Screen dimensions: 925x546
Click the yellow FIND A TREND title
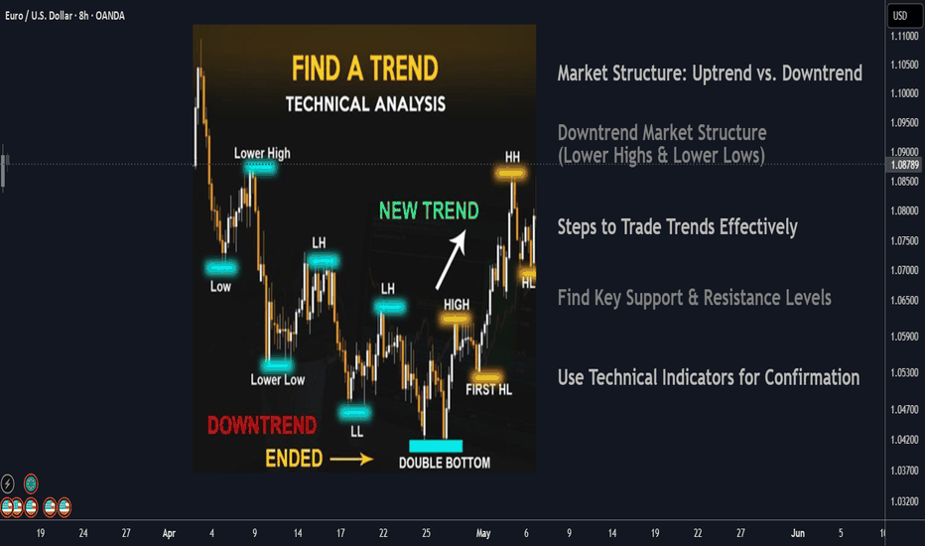coord(364,68)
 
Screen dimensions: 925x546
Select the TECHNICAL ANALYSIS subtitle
coord(365,104)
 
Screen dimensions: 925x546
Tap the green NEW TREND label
coord(429,210)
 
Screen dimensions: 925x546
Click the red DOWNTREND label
coord(262,425)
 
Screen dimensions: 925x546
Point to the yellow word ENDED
coord(294,459)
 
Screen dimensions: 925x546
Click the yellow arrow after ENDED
coord(351,459)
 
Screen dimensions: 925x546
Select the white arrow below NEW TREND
coord(452,260)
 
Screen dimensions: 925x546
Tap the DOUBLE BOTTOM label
coord(445,463)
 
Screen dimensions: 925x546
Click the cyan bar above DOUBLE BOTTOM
coord(436,446)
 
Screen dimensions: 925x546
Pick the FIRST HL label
coord(488,389)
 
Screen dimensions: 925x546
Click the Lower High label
coord(262,154)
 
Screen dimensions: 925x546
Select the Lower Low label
coord(277,380)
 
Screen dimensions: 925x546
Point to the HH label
coord(513,157)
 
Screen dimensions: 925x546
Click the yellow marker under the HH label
coord(510,174)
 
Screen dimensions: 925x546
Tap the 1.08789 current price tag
coord(904,165)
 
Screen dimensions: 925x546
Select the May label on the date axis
coord(483,533)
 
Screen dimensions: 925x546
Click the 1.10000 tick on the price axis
coord(904,93)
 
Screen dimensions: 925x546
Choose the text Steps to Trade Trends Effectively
coord(677,226)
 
